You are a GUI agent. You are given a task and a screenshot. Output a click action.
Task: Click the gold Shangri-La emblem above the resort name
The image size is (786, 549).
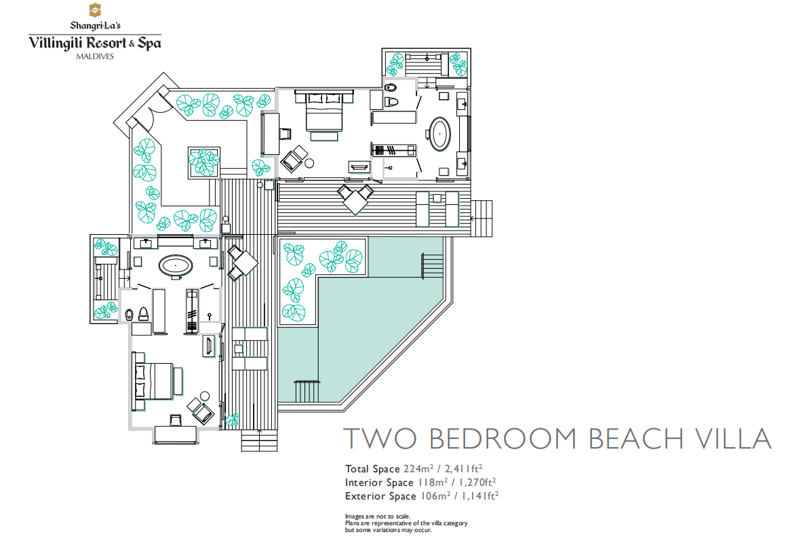click(x=95, y=10)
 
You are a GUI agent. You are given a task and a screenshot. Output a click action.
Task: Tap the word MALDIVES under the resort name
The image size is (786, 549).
click(x=95, y=56)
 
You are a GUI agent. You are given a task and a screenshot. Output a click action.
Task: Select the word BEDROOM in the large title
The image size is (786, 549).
click(x=503, y=438)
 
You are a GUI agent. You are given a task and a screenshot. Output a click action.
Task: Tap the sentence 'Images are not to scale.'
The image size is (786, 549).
click(x=378, y=516)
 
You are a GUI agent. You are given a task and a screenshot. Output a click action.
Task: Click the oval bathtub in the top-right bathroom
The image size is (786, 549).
click(x=439, y=134)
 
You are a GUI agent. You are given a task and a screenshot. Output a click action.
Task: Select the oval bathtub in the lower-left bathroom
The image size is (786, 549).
click(x=176, y=266)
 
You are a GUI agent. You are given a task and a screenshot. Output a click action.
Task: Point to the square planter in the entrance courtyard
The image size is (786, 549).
click(x=203, y=163)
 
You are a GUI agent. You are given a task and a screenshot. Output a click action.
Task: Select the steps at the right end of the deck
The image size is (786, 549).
click(x=482, y=219)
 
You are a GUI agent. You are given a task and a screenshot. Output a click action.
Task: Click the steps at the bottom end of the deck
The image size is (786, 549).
click(x=259, y=440)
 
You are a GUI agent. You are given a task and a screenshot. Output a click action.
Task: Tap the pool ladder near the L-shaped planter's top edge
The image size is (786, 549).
click(x=431, y=265)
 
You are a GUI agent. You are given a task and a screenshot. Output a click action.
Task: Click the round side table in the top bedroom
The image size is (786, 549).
click(x=309, y=163)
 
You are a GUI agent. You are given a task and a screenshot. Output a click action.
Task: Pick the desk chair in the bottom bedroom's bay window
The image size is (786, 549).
click(x=176, y=420)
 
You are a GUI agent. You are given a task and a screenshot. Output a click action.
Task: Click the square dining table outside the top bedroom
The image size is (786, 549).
click(x=355, y=200)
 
